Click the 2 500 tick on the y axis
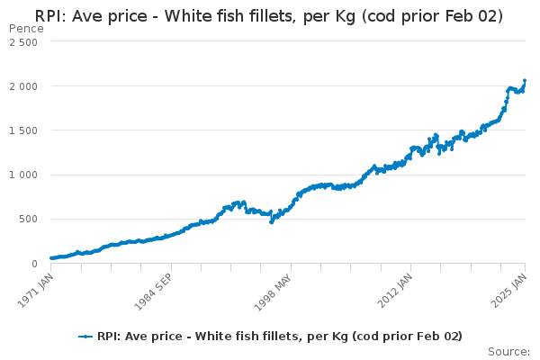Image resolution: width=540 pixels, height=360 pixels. (23, 42)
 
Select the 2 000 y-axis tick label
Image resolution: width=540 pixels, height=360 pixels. (23, 86)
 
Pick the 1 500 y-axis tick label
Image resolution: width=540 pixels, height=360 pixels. (23, 130)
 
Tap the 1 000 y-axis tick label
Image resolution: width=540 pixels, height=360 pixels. (23, 175)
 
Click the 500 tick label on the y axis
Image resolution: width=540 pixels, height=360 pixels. (29, 219)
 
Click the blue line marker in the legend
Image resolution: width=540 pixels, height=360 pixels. (85, 337)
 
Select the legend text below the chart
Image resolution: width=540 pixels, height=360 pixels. (280, 337)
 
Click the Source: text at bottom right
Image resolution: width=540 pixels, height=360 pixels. (508, 351)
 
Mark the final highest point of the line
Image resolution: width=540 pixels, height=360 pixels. (525, 80)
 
